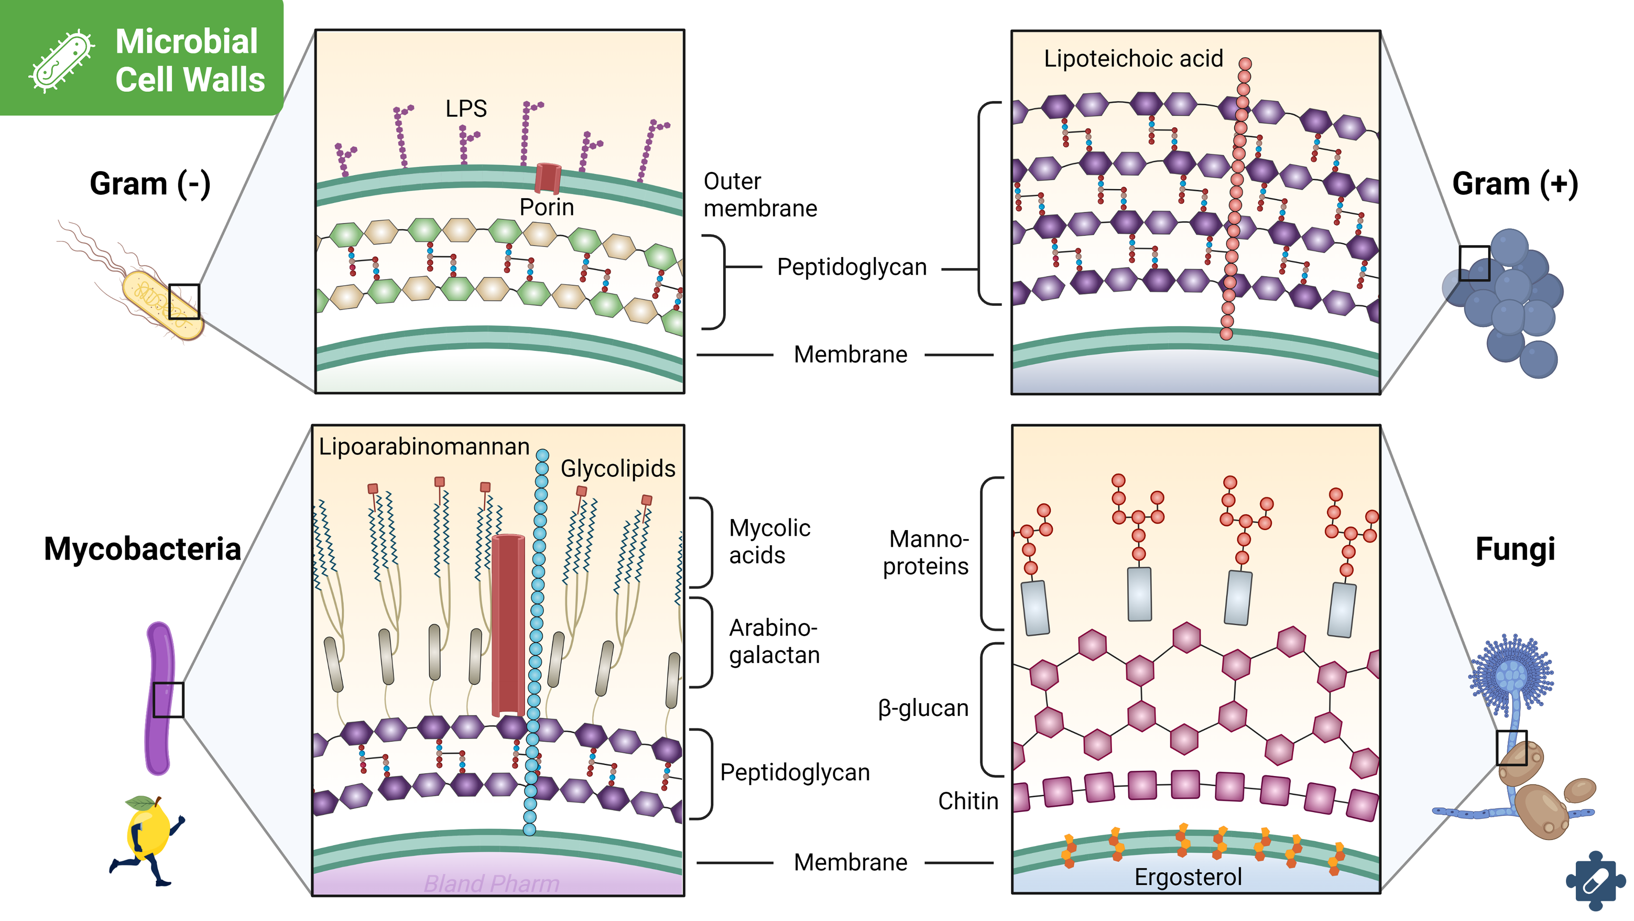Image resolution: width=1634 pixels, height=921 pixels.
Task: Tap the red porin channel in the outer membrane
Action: click(547, 178)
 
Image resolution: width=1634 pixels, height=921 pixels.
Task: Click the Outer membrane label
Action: click(760, 195)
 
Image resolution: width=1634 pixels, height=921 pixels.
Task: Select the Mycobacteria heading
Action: click(142, 549)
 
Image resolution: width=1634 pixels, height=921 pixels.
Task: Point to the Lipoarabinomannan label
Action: click(424, 447)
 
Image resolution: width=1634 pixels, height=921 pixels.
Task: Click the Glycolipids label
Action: click(618, 469)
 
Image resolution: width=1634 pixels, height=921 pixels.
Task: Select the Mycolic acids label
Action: click(769, 542)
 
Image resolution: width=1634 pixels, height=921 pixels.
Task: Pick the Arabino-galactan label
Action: click(774, 641)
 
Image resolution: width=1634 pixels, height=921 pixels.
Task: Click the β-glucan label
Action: click(923, 708)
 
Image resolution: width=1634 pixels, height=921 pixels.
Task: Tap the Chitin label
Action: click(968, 801)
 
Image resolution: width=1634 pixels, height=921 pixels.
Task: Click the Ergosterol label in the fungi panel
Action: click(1188, 877)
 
